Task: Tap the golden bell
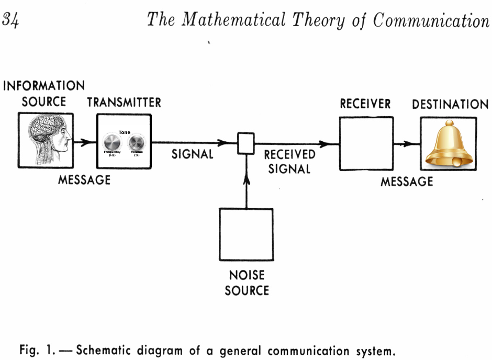click(x=449, y=143)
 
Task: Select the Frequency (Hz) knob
click(x=112, y=142)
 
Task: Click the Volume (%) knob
click(x=137, y=142)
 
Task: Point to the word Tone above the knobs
click(x=124, y=132)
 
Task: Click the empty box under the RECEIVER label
click(x=366, y=143)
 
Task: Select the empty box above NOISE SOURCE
click(x=246, y=234)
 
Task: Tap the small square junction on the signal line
click(x=246, y=143)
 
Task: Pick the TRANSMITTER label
click(x=124, y=102)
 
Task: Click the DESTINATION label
click(x=450, y=104)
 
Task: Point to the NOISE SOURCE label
click(x=247, y=283)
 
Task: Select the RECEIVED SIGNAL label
click(x=289, y=162)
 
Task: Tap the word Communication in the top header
click(x=431, y=20)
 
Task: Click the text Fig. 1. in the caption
click(x=38, y=350)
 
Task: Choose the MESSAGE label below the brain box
click(x=84, y=180)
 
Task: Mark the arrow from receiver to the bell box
click(x=407, y=143)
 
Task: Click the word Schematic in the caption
click(x=104, y=350)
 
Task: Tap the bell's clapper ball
click(x=457, y=163)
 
